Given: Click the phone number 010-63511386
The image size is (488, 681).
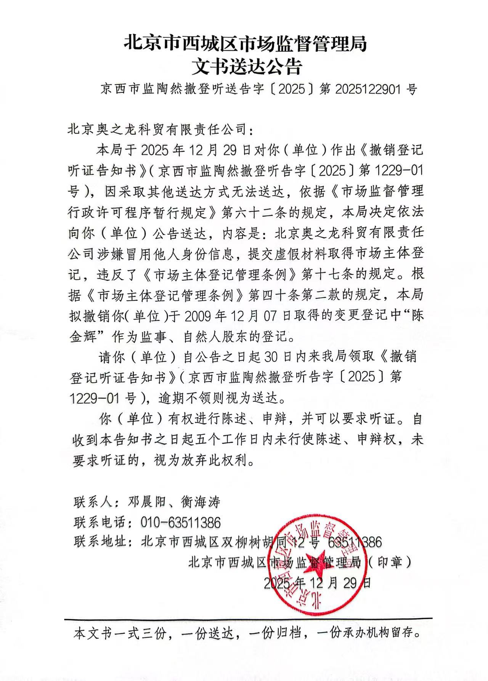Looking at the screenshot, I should [181, 522].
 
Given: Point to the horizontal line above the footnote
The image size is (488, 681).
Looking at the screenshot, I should [248, 618].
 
